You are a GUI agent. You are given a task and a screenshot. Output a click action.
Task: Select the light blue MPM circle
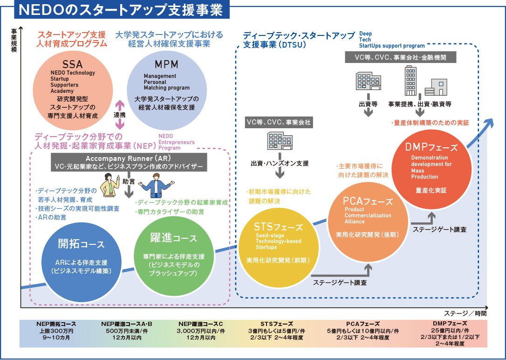(166, 91)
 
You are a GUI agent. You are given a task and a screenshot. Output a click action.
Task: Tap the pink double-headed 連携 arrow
(120, 115)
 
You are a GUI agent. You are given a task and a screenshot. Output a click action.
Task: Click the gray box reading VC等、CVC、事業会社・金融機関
(401, 58)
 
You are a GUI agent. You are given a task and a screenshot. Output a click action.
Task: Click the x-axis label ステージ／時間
(465, 312)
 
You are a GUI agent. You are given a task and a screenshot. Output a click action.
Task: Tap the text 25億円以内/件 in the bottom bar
(450, 330)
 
